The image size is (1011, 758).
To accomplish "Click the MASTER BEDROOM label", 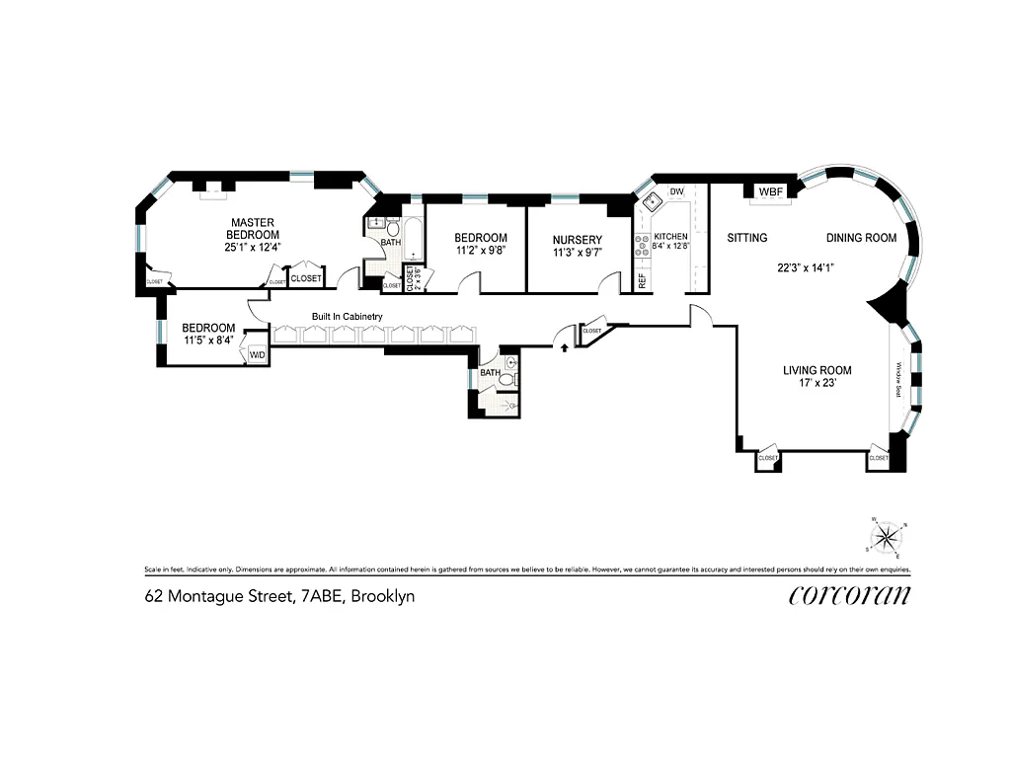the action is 252,228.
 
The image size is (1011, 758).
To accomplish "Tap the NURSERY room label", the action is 577,239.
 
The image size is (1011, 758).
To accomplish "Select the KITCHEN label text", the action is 670,237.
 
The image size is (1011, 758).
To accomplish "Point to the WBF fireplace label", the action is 770,191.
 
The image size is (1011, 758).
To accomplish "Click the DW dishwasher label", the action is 677,191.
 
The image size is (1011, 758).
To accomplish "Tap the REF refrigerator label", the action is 642,280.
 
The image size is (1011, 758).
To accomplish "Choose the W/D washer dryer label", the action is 257,354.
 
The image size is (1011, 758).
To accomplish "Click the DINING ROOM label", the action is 861,238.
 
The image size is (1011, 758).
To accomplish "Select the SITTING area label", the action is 747,238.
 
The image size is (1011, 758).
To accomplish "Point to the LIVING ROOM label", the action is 817,371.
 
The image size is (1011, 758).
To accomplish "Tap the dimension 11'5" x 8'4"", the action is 208,341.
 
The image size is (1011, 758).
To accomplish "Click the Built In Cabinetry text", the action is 347,317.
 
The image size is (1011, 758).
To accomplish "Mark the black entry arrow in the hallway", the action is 564,346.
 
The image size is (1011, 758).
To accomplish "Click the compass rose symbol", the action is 888,535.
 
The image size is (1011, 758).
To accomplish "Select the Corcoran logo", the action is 850,594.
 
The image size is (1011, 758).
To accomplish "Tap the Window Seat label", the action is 898,379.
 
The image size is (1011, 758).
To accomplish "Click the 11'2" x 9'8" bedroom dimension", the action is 481,252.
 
